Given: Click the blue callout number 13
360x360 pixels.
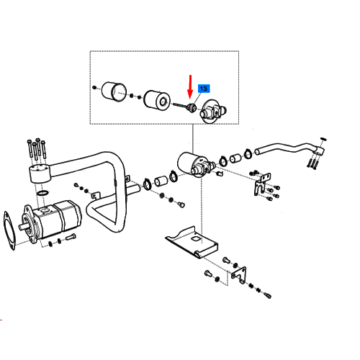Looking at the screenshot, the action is pyautogui.click(x=204, y=89).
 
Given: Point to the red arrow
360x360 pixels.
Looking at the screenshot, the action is pyautogui.click(x=190, y=87).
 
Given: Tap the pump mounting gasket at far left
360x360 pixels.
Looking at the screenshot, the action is pyautogui.click(x=9, y=230).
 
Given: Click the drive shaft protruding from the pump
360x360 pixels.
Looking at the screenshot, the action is pyautogui.click(x=24, y=225).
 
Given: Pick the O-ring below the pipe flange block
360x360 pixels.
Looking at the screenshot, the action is pyautogui.click(x=42, y=192).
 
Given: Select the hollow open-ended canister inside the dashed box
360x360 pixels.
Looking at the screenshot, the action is pyautogui.click(x=114, y=91).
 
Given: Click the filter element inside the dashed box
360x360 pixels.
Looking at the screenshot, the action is pyautogui.click(x=157, y=99).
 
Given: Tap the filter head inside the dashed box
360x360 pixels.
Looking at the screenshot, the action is pyautogui.click(x=212, y=111).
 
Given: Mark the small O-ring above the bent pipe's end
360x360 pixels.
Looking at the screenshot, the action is pyautogui.click(x=323, y=139).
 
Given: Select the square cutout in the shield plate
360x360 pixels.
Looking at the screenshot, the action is pyautogui.click(x=196, y=239).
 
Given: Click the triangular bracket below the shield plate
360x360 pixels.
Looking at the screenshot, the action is pyautogui.click(x=239, y=275).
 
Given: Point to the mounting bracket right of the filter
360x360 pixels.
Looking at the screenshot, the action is pyautogui.click(x=262, y=184).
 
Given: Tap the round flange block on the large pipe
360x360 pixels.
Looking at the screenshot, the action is pyautogui.click(x=40, y=173).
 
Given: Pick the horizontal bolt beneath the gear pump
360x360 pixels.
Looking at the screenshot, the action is pyautogui.click(x=71, y=237).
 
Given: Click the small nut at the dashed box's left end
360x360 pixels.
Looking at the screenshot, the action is pyautogui.click(x=94, y=87).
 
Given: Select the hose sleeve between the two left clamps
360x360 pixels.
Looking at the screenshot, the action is pyautogui.click(x=161, y=181).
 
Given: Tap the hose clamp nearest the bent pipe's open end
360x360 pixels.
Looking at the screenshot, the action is pyautogui.click(x=248, y=154).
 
